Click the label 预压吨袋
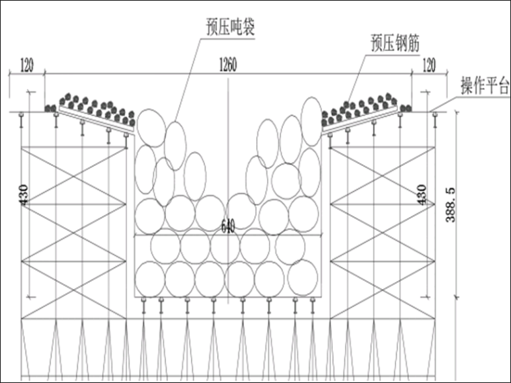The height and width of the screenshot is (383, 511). pos(230,28)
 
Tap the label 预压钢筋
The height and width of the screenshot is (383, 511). pos(395,43)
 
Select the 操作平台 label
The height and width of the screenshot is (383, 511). pos(485,85)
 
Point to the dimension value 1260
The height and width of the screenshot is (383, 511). pos(228,65)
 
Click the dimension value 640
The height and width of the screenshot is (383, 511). pos(228,225)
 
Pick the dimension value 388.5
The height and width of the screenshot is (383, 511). pos(450,205)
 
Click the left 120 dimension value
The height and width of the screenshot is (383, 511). pos(27,65)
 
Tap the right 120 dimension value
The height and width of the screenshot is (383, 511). pos(429,65)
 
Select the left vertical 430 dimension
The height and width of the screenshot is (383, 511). pos(24,195)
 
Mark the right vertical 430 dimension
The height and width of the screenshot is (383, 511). pos(422,195)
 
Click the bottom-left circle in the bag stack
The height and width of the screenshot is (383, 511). pos(150,280)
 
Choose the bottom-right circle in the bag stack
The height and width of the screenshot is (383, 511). pos(303,278)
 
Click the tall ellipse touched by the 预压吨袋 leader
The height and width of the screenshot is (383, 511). pos(175,146)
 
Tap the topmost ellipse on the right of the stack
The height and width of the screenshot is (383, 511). pos(311,121)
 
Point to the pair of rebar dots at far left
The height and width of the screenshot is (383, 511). pos(50,108)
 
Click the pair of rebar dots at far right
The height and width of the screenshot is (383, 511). pos(405,108)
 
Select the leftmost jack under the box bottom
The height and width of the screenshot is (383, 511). pos(144,305)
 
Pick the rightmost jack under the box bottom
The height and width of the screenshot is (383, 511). pos(313,305)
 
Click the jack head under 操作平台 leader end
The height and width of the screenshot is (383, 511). pos(435,114)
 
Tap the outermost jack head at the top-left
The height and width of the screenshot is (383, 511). pos(22,114)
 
